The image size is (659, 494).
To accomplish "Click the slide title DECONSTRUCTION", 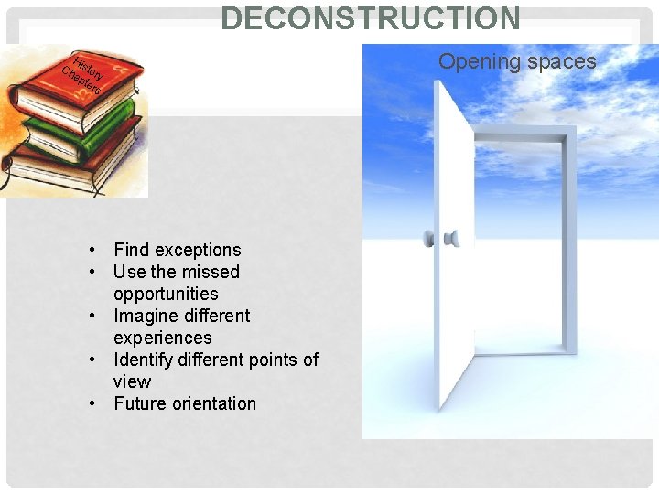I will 371,17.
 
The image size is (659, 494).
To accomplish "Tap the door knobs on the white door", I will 440,240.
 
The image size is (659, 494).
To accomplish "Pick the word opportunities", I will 166,294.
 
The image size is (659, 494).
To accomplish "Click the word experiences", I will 162,338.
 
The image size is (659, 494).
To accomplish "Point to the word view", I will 132,381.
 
